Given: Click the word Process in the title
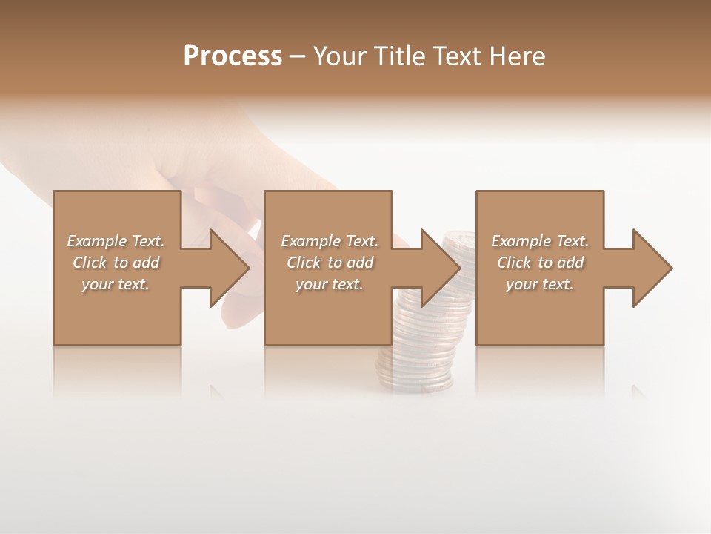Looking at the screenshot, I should pyautogui.click(x=233, y=56).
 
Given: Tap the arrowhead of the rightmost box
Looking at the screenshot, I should pyautogui.click(x=651, y=268).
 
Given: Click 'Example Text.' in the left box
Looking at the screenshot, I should pyautogui.click(x=116, y=241).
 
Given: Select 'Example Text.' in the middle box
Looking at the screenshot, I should pyautogui.click(x=330, y=241).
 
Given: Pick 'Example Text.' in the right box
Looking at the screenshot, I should pyautogui.click(x=540, y=241).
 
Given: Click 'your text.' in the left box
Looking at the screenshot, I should pyautogui.click(x=116, y=284).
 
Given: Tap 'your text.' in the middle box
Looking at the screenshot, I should pyautogui.click(x=330, y=284).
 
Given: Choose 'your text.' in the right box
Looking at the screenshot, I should pyautogui.click(x=540, y=284).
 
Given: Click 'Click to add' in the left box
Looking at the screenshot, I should pyautogui.click(x=116, y=263).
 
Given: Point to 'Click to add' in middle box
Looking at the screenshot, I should pyautogui.click(x=330, y=263).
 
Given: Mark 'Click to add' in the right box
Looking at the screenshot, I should pyautogui.click(x=540, y=263).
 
